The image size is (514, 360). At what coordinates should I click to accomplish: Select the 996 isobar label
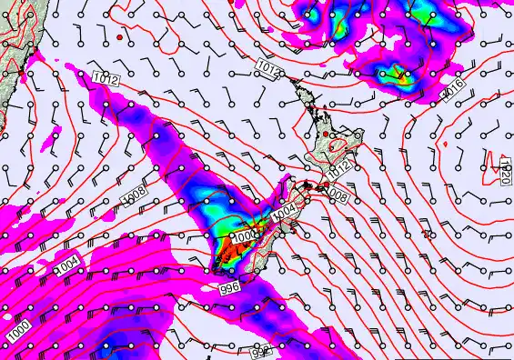tap(231, 287)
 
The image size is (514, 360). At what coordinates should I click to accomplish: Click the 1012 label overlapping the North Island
tap(339, 169)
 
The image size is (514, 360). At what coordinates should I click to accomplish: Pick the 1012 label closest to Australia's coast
tap(106, 80)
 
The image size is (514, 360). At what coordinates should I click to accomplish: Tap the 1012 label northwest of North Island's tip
tap(267, 66)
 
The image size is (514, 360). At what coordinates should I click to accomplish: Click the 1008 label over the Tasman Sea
tap(134, 195)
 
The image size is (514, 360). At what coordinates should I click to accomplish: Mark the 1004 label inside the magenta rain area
tap(68, 264)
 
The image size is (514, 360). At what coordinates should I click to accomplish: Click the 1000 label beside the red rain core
tap(245, 236)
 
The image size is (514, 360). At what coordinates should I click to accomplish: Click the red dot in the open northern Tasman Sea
tap(120, 39)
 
